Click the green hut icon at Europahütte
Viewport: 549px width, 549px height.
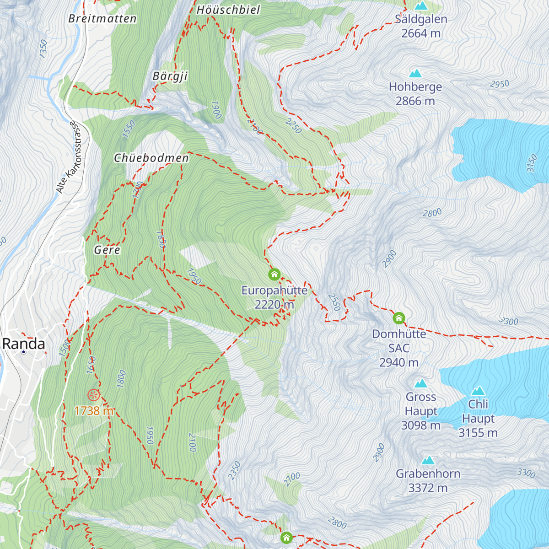click(274, 274)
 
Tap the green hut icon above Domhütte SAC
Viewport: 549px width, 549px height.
click(399, 318)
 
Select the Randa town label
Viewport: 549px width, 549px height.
click(24, 344)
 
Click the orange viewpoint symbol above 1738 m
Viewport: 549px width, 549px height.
click(93, 395)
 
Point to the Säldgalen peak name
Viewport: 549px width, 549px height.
click(421, 19)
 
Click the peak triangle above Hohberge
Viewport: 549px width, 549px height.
click(415, 73)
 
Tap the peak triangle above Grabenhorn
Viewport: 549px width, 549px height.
click(428, 460)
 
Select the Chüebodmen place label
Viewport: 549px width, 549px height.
click(151, 158)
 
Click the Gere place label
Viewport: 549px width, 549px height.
click(107, 250)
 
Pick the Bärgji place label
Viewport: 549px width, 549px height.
click(170, 76)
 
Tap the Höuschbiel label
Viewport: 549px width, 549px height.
click(228, 10)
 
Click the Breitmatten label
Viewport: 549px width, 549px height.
click(102, 19)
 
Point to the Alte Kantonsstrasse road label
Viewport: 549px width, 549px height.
click(67, 157)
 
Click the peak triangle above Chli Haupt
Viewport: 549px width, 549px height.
click(478, 391)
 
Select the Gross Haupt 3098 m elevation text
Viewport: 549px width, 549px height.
click(420, 425)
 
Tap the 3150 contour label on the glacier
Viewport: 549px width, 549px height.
click(531, 163)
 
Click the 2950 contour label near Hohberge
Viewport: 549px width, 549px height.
click(499, 84)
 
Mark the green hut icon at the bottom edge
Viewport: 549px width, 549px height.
click(286, 537)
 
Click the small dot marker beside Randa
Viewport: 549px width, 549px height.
click(23, 352)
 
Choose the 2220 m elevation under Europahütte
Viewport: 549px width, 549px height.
click(274, 305)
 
